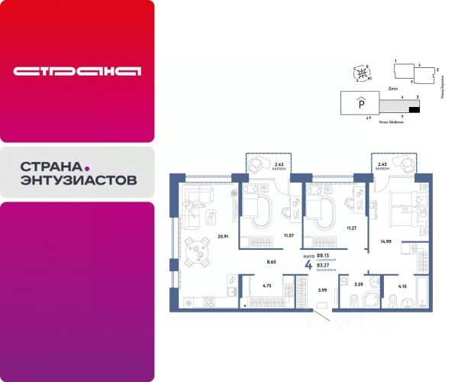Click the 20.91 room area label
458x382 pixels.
(x=223, y=236)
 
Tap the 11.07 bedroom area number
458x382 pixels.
(x=289, y=238)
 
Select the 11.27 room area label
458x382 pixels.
(x=352, y=228)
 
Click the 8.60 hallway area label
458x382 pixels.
(x=270, y=262)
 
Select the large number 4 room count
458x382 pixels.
(x=308, y=265)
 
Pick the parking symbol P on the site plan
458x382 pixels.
(x=360, y=106)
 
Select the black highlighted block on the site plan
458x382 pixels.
(x=415, y=110)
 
